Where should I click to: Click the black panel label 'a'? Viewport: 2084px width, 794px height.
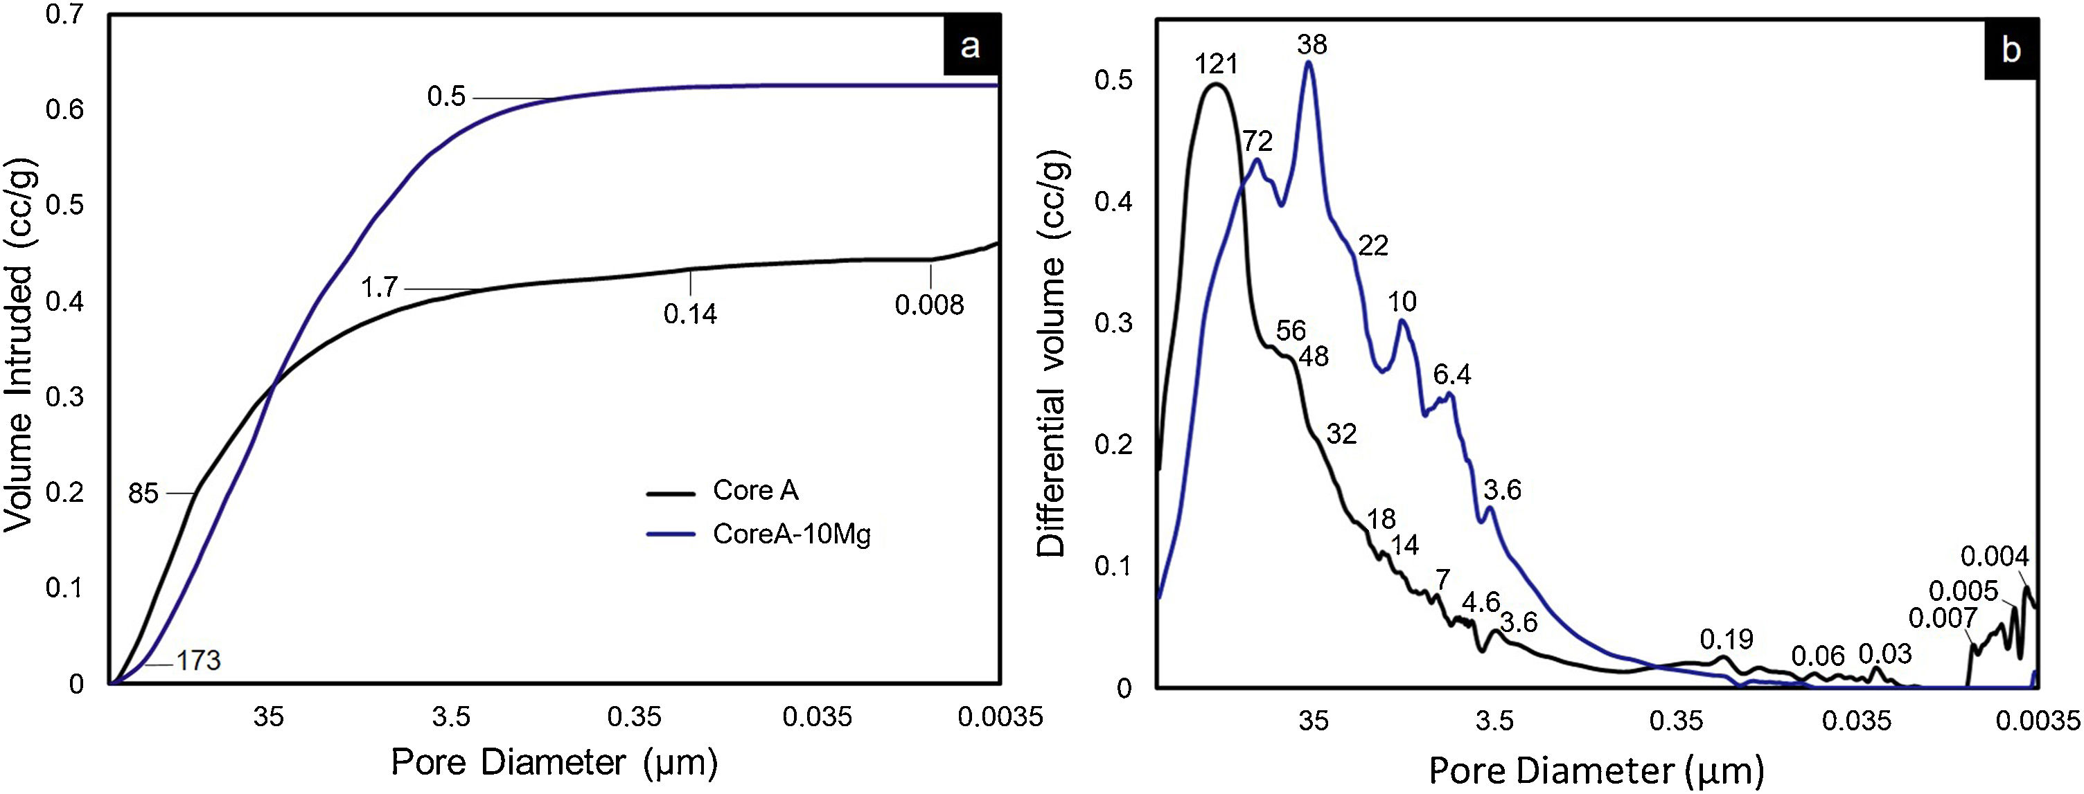[x=969, y=47]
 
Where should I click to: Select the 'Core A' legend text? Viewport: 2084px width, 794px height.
[x=756, y=490]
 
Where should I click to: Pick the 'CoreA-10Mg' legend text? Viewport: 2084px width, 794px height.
[x=791, y=534]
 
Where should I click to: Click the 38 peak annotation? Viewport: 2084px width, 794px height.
[x=1312, y=44]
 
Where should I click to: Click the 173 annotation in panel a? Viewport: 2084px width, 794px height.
[x=198, y=660]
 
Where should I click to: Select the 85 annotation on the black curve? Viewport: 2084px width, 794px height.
[x=143, y=493]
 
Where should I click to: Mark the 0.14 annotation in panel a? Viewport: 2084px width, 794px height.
[x=690, y=314]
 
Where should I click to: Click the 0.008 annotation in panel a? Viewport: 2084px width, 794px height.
[x=929, y=305]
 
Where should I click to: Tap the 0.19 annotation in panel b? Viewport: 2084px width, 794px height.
[x=1726, y=640]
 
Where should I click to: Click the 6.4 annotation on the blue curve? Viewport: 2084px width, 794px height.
[x=1452, y=375]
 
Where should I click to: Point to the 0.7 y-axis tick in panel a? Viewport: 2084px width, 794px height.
[x=64, y=15]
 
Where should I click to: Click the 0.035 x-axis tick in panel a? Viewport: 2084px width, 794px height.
[x=817, y=716]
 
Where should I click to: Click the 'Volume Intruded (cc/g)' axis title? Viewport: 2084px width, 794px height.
[x=19, y=343]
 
